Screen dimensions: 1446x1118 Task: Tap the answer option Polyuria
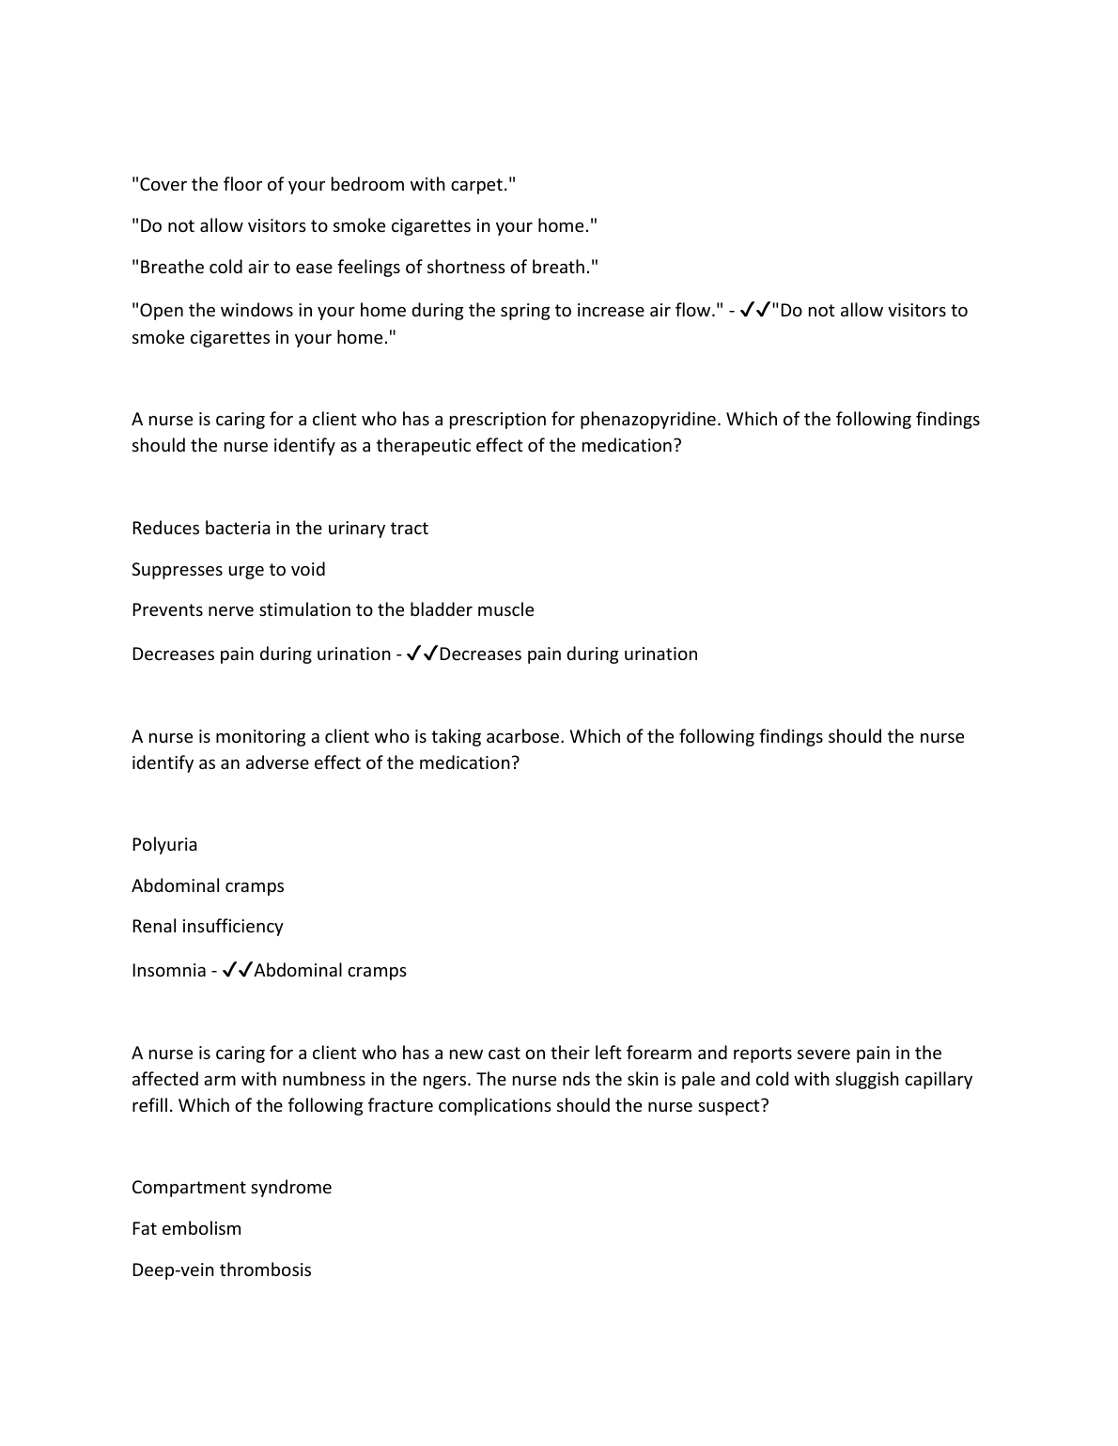click(164, 845)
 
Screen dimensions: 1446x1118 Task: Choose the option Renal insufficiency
click(207, 927)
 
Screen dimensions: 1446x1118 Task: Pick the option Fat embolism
click(186, 1229)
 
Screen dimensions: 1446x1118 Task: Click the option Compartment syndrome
click(231, 1188)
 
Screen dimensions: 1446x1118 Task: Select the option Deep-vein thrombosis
click(221, 1270)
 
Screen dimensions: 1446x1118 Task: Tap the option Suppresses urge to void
click(228, 570)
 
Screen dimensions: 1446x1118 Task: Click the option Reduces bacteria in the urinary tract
click(279, 529)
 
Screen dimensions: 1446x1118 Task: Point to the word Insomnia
click(168, 971)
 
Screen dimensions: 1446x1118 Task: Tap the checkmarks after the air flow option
click(755, 310)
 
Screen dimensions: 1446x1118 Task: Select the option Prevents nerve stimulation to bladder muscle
click(333, 610)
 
